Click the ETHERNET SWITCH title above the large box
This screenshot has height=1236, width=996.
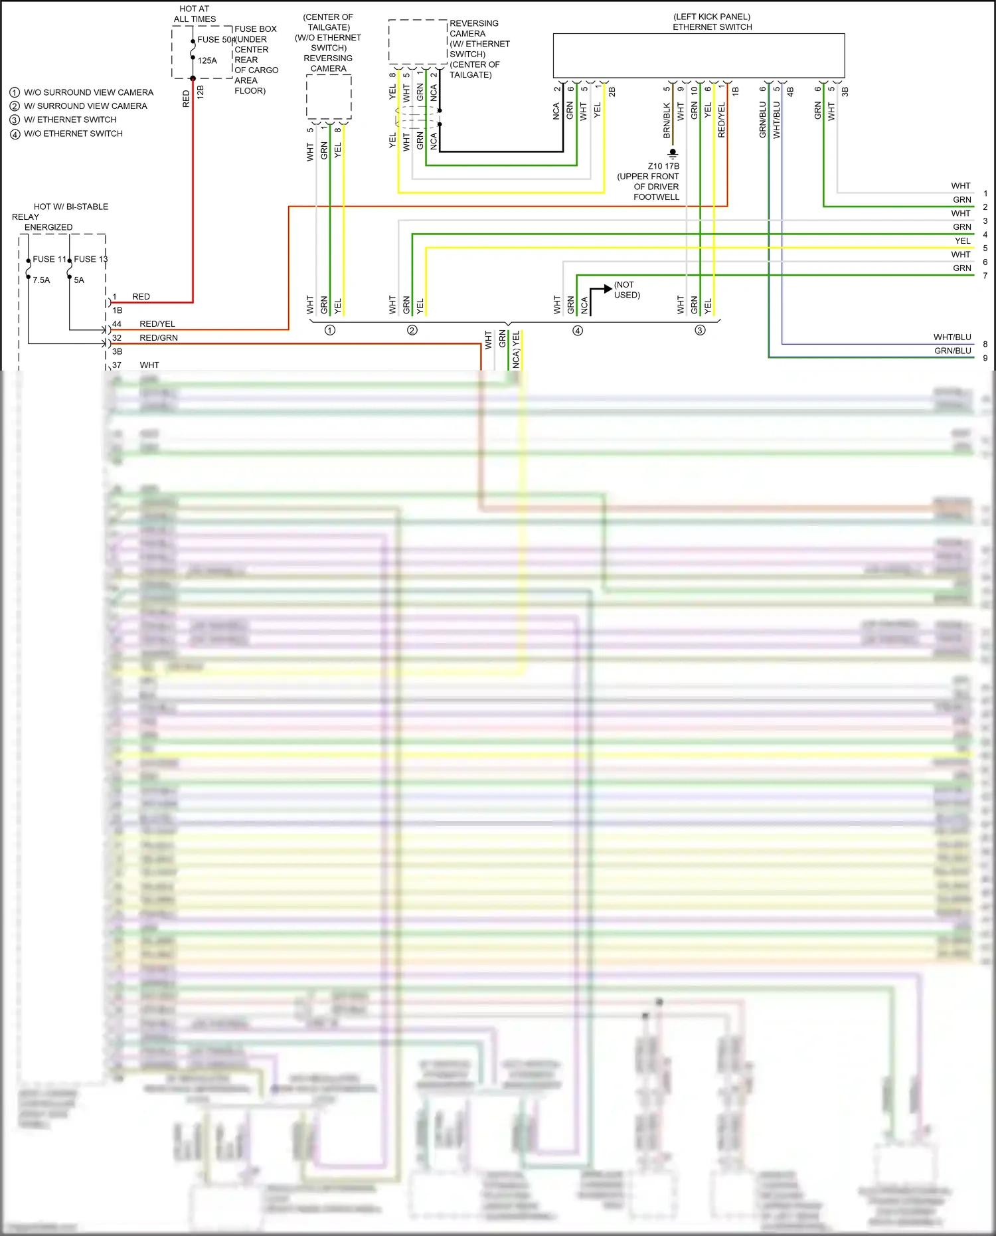pos(712,27)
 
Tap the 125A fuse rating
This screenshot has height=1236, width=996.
pos(207,60)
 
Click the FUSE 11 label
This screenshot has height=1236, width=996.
pos(49,259)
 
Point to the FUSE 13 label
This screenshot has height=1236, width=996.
pos(90,259)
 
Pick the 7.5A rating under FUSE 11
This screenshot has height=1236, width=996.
pos(41,280)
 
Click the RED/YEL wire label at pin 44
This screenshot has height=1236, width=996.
pos(157,324)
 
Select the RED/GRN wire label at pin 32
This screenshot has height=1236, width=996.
pos(159,338)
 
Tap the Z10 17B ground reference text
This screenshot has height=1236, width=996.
pos(663,166)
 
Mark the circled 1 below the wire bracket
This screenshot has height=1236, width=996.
pos(330,330)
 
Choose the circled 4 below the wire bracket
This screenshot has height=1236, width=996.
pos(578,330)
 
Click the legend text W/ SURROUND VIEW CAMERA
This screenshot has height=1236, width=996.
pos(86,106)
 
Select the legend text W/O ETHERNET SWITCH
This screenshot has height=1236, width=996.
pos(73,133)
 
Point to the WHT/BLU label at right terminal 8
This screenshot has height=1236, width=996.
pos(952,337)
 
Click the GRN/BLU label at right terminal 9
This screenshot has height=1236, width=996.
pos(953,351)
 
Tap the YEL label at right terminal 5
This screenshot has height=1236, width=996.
pos(962,241)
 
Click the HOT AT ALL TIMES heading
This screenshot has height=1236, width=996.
pos(195,14)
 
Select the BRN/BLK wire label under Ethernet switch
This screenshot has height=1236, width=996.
pos(667,120)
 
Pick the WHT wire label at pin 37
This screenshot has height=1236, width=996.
pos(149,365)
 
